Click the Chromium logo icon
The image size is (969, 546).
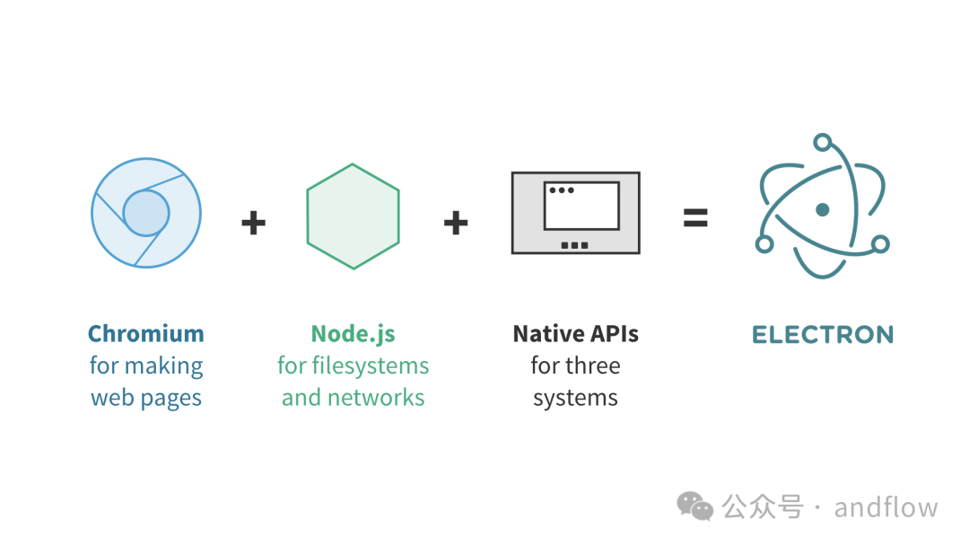pos(146,213)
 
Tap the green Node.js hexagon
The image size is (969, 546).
pos(353,216)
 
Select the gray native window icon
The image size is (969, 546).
pos(575,213)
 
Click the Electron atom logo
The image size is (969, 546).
pos(822,210)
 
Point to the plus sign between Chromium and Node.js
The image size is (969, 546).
pos(254,222)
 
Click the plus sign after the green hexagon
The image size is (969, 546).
pos(456,222)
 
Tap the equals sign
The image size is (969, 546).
pos(695,218)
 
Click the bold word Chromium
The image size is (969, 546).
pos(146,334)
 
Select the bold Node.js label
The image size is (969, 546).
pos(353,334)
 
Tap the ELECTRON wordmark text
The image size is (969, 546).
pos(822,335)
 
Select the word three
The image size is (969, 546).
pos(593,366)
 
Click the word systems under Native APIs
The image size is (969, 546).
pos(575,398)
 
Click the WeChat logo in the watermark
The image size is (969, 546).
pos(694,506)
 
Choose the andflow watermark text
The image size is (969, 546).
pos(886,507)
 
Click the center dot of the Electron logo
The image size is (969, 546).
pos(822,210)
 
